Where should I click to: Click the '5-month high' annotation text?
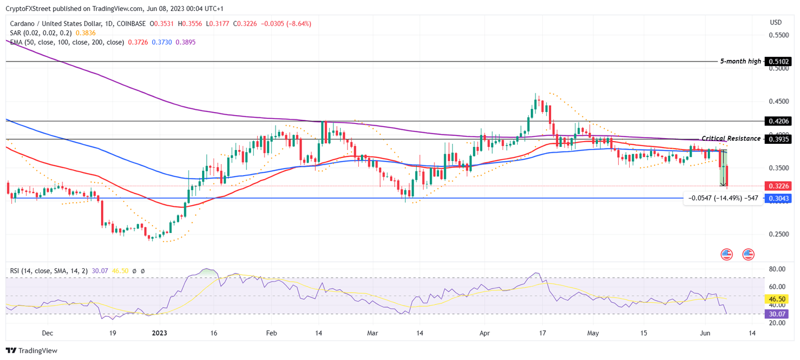(740, 61)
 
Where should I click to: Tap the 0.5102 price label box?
(778, 61)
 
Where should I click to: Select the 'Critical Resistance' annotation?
(731, 139)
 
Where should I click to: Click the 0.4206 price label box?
(778, 121)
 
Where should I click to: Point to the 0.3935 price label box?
(778, 139)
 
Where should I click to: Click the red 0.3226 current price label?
(778, 186)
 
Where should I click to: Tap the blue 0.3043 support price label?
(778, 198)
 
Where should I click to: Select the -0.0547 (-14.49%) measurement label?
(722, 198)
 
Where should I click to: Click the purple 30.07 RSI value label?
(778, 314)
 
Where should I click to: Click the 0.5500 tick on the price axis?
(779, 35)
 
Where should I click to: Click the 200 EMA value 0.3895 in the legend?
(186, 42)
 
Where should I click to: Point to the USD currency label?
(776, 22)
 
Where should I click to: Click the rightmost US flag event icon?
(748, 254)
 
